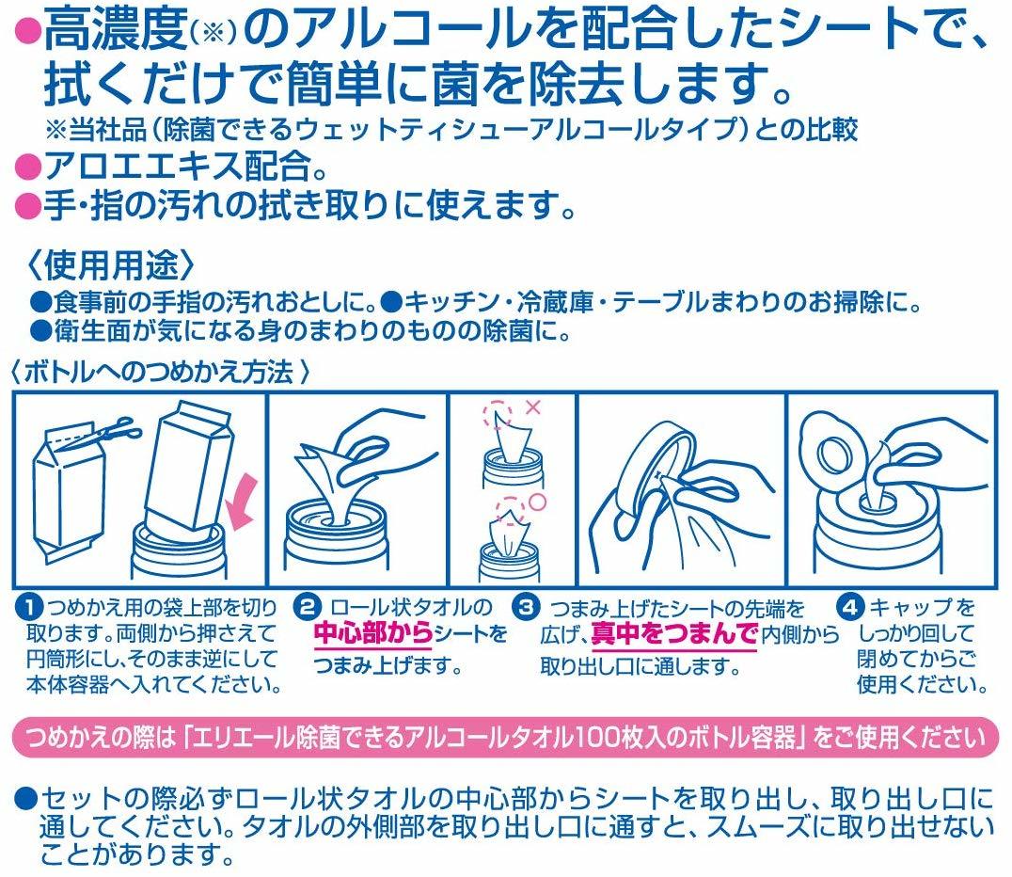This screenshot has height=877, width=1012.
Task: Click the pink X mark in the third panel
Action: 533,407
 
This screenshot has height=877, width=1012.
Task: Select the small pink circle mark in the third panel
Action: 538,502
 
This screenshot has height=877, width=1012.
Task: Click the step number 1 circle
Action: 29,608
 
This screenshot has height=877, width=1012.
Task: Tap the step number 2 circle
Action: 308,607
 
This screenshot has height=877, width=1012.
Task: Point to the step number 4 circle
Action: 850,607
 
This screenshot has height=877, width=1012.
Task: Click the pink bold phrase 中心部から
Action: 373,635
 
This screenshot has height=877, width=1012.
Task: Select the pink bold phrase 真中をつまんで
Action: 673,635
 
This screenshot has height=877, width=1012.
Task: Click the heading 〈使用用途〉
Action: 110,264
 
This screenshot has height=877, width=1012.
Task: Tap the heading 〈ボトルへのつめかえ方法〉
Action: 162,372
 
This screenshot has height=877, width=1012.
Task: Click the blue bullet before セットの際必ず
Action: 25,800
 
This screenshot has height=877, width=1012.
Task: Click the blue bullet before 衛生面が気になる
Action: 41,331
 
